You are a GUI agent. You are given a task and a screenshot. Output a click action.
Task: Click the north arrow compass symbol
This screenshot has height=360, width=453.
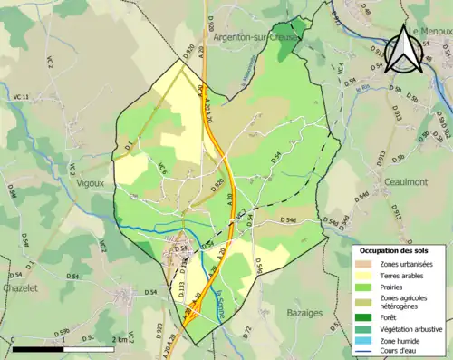coord(403,50)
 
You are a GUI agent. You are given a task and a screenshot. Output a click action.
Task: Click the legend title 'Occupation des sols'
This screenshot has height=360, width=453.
coord(395,249)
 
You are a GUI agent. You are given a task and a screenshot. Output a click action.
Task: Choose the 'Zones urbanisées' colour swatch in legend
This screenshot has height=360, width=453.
coord(365,263)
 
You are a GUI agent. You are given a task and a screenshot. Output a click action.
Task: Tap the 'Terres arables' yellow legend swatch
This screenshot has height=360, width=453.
coord(365,275)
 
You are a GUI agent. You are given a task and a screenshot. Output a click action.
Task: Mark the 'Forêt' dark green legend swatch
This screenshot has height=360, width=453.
coord(365,317)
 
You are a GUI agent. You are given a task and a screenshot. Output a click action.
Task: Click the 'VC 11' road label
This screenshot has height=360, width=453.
coord(19,96)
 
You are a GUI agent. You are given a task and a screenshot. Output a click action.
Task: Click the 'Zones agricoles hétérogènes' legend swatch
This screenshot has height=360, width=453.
coord(365,302)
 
